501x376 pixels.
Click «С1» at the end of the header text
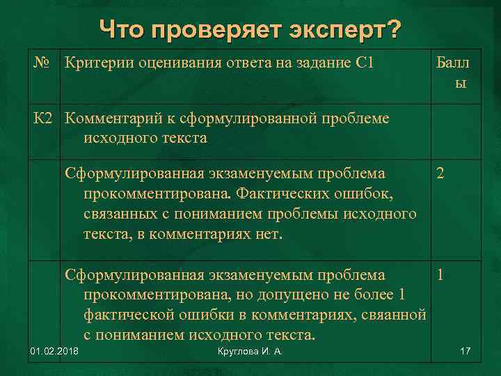365,64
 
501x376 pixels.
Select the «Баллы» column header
452,73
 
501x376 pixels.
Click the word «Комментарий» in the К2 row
115,118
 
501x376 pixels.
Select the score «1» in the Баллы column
440,274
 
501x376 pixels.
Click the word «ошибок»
369,192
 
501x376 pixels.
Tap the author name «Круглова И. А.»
248,357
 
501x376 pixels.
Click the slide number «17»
466,357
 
